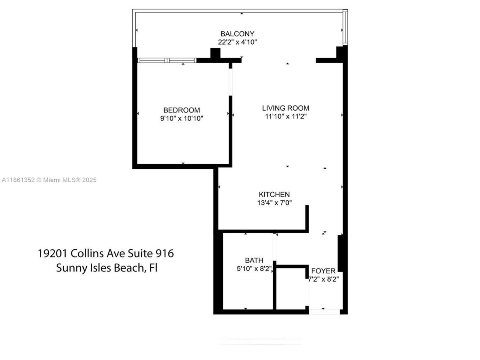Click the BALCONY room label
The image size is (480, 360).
(237, 34)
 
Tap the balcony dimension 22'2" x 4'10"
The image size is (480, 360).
(237, 42)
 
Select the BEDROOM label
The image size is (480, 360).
(181, 110)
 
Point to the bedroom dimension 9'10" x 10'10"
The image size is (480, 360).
(181, 118)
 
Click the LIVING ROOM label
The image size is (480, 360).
(285, 108)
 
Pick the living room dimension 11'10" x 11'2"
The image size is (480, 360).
(285, 116)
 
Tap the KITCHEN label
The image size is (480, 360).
(274, 194)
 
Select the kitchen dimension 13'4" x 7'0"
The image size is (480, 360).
(274, 203)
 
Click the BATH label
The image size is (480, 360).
(254, 260)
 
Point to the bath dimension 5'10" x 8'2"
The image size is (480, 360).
(254, 268)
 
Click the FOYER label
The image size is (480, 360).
(323, 271)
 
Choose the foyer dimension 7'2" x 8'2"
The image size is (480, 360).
(323, 279)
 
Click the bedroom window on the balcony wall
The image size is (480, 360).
(167, 60)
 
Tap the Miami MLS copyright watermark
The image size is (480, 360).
(49, 180)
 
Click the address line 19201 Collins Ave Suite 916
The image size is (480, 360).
(106, 253)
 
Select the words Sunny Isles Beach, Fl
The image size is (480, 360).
(106, 268)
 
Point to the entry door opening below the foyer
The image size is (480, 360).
(324, 311)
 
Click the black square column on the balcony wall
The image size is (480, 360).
(215, 54)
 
